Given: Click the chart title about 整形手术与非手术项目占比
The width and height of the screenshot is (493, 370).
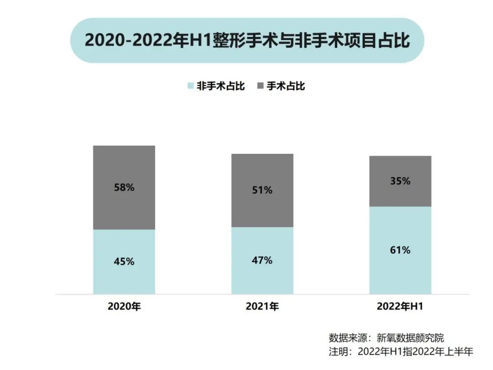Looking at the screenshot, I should tap(247, 40).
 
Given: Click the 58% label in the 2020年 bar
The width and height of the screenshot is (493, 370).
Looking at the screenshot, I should tap(124, 187).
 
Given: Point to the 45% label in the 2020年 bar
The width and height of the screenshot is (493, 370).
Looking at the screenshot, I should tap(124, 261).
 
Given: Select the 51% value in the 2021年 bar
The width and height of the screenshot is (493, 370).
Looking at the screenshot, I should tap(262, 190).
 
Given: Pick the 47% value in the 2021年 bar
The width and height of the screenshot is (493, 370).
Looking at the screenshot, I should tap(262, 260).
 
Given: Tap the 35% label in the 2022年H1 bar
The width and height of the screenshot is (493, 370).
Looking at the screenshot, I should tap(400, 181).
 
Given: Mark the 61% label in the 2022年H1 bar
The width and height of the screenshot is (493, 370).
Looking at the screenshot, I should tap(400, 250).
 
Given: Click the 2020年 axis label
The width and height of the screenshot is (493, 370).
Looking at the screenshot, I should tap(124, 307).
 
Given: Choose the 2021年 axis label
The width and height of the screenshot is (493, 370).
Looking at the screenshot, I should tap(262, 307).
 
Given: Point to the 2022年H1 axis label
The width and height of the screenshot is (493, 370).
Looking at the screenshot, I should tap(400, 307).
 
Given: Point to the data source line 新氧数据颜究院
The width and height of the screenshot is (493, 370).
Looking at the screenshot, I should tap(386, 338).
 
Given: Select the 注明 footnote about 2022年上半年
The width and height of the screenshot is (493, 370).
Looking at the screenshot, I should tap(401, 352).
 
